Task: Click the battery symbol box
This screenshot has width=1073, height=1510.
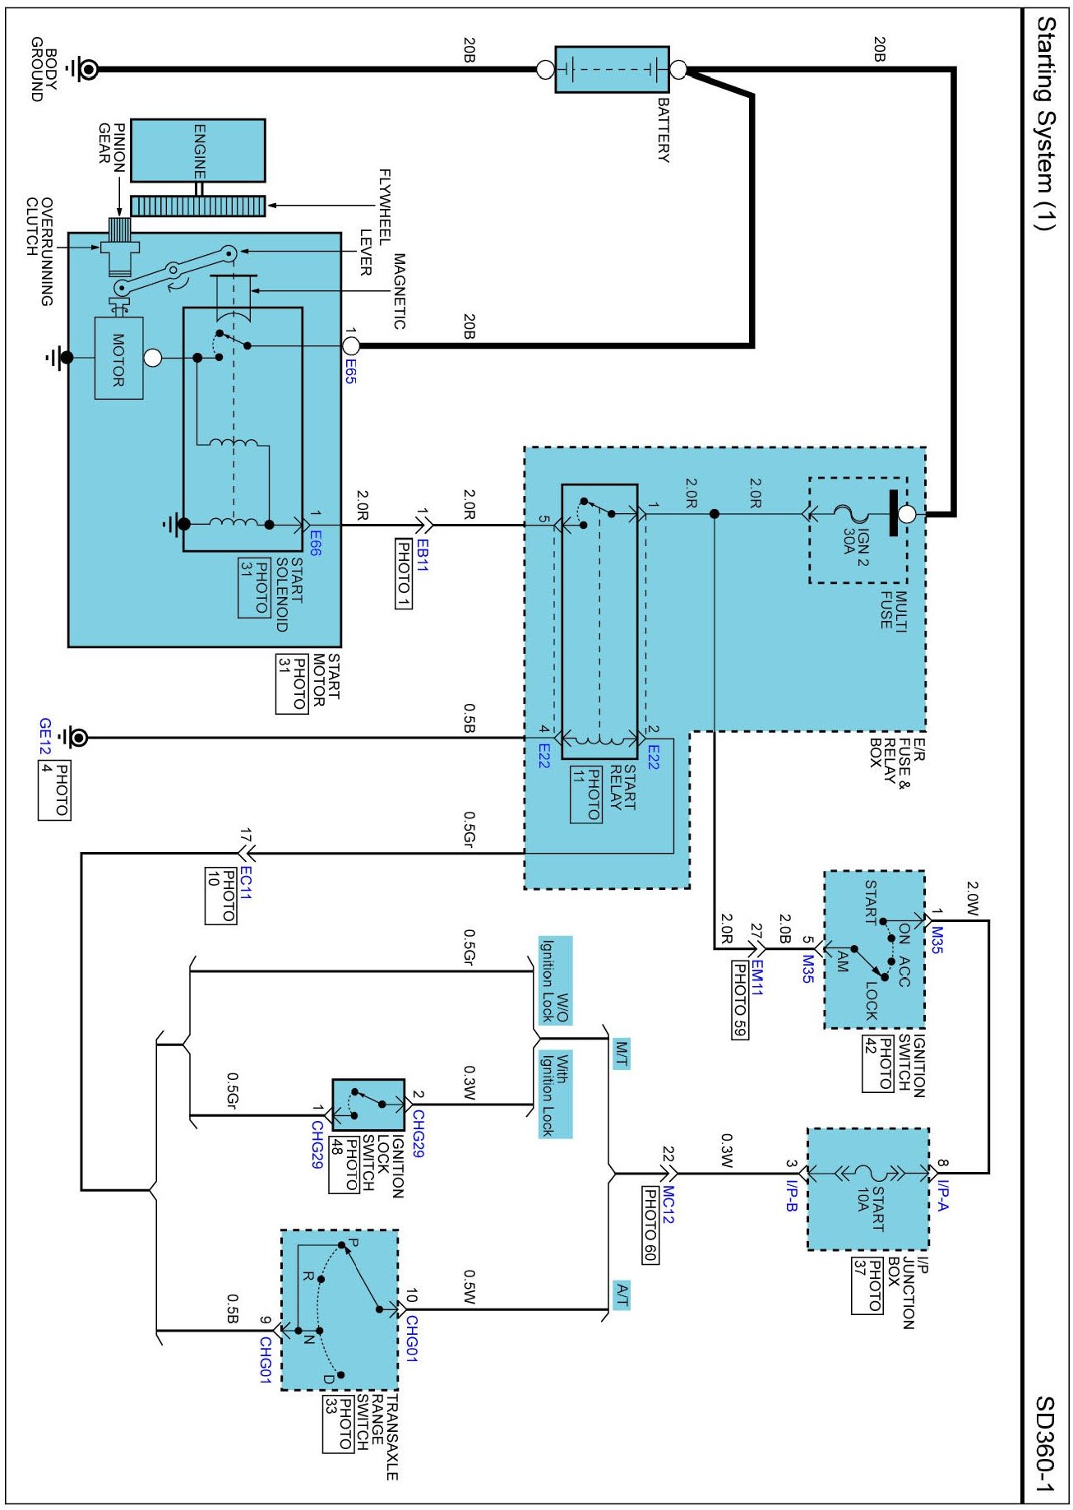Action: coord(612,69)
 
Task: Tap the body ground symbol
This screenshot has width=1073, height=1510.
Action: coord(86,69)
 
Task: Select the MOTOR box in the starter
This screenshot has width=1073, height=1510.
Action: coord(118,359)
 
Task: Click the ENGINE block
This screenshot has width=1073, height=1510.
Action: coord(198,151)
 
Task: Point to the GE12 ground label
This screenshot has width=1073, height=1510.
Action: coord(45,738)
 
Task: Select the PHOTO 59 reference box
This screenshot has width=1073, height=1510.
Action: coord(740,1000)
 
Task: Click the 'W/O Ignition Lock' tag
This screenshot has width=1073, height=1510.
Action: coord(555,980)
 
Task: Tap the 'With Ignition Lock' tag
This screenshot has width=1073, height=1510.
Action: coord(555,1094)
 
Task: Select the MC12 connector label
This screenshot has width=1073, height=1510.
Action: coord(668,1204)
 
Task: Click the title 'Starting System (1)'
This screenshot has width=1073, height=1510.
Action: coord(1044,123)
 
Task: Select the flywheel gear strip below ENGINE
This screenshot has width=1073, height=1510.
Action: coord(198,206)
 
